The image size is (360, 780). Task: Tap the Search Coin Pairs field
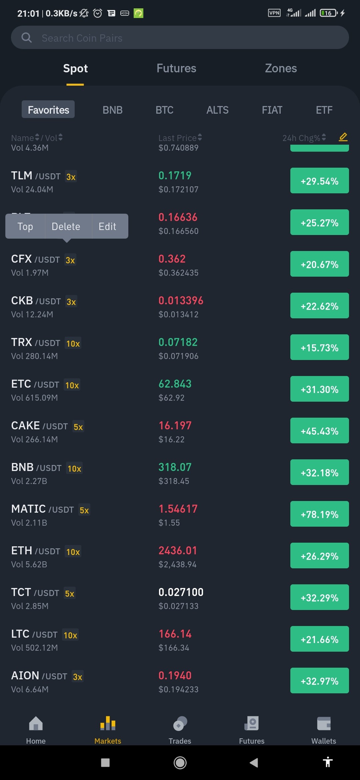180,38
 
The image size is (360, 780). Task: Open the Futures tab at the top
176,68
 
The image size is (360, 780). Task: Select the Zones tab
281,68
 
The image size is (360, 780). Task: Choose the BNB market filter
113,110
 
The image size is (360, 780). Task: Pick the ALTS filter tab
217,110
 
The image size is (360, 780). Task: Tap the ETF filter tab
324,110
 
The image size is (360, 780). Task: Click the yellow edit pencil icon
343,137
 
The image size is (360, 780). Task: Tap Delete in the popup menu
66,227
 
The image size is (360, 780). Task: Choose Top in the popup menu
25,227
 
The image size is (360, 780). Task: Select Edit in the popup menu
107,227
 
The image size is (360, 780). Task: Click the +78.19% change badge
319,514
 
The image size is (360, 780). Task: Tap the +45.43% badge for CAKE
319,431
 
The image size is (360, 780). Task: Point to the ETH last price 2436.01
178,550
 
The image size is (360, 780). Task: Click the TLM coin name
22,175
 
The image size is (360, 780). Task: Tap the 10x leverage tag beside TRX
73,343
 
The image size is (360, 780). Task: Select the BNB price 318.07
175,467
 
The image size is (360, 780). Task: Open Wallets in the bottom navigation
324,730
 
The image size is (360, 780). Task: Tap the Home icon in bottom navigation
36,723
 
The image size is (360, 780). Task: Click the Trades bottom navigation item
180,730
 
